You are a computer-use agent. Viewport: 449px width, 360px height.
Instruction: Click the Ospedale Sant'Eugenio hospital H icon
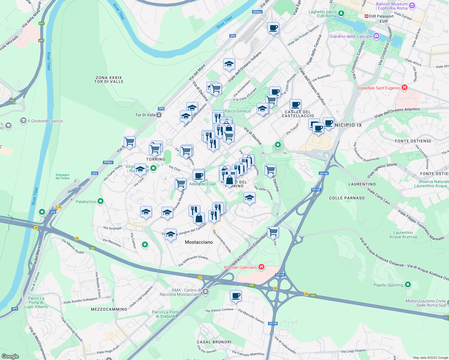pyautogui.click(x=404, y=88)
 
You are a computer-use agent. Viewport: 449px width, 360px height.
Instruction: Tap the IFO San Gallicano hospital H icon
pyautogui.click(x=261, y=267)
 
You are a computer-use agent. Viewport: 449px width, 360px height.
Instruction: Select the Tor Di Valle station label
pyautogui.click(x=146, y=115)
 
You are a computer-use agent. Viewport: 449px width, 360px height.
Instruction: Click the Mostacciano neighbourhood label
pyautogui.click(x=199, y=242)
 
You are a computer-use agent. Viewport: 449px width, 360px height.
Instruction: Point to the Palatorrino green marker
pyautogui.click(x=101, y=201)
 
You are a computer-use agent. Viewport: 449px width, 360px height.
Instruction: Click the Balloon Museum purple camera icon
pyautogui.click(x=412, y=6)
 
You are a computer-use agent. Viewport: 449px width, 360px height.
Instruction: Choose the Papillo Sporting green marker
pyautogui.click(x=408, y=285)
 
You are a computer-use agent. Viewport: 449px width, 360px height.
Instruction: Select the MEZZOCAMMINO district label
pyautogui.click(x=109, y=309)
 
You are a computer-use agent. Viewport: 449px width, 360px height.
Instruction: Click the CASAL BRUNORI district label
pyautogui.click(x=214, y=342)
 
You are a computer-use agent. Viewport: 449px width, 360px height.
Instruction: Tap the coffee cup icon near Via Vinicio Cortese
pyautogui.click(x=236, y=296)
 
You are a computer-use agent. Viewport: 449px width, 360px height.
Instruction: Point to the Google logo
pyautogui.click(x=10, y=356)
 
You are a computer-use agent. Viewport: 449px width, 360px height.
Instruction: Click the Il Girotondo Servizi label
pyautogui.click(x=45, y=121)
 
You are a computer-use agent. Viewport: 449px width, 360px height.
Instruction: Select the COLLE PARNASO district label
pyautogui.click(x=347, y=198)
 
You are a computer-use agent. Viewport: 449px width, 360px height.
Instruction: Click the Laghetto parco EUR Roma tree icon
pyautogui.click(x=341, y=13)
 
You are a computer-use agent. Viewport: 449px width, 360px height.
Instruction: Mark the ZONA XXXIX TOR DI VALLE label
pyautogui.click(x=109, y=79)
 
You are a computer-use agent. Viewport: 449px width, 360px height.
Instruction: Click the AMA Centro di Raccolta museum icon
pyautogui.click(x=206, y=292)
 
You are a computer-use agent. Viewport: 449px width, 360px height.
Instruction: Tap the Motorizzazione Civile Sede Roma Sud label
pyautogui.click(x=426, y=303)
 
